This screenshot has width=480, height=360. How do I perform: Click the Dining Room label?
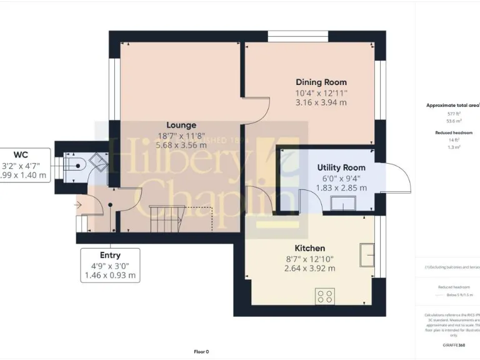tap(321, 82)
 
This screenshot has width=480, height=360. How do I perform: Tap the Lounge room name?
tap(181, 125)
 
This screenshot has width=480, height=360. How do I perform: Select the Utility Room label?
tap(341, 167)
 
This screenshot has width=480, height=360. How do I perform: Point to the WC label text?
tap(21, 154)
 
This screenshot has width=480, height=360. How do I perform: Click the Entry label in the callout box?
tap(110, 255)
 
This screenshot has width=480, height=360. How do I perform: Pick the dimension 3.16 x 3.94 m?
tap(321, 102)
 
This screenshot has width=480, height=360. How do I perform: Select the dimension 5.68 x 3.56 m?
tap(181, 145)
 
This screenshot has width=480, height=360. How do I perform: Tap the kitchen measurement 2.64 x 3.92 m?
tap(309, 268)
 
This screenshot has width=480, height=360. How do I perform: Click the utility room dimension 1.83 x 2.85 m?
tap(341, 187)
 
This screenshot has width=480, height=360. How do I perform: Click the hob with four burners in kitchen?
tap(325, 294)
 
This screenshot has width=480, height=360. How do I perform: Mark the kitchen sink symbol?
tap(367, 256)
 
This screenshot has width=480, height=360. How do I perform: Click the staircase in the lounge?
tap(166, 219)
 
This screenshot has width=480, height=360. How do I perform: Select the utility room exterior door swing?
tap(397, 178)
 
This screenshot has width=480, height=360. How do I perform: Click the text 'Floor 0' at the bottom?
tap(201, 352)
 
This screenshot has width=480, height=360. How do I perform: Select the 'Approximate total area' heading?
tap(452, 106)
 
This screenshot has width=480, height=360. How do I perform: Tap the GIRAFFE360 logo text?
tap(453, 345)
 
